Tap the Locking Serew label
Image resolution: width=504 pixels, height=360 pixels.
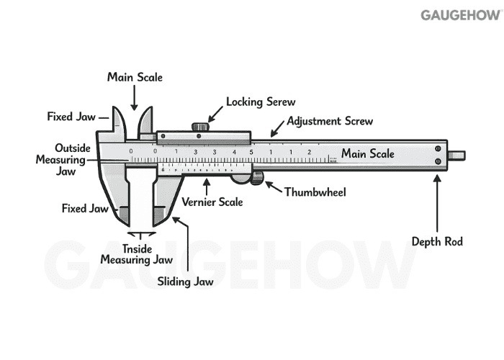[x=261, y=102]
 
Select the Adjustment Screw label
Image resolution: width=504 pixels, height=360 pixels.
[x=330, y=121]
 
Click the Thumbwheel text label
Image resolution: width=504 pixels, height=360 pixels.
[x=315, y=192]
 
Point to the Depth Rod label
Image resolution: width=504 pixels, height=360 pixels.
[x=437, y=241]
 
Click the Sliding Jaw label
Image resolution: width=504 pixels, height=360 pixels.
[x=185, y=282]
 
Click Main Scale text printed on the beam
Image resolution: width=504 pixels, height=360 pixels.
[x=367, y=153]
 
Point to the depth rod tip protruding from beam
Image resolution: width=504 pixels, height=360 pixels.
[x=456, y=155]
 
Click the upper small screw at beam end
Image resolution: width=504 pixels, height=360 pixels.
[x=437, y=148]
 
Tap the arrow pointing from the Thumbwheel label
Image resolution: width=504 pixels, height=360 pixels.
[x=273, y=187]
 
